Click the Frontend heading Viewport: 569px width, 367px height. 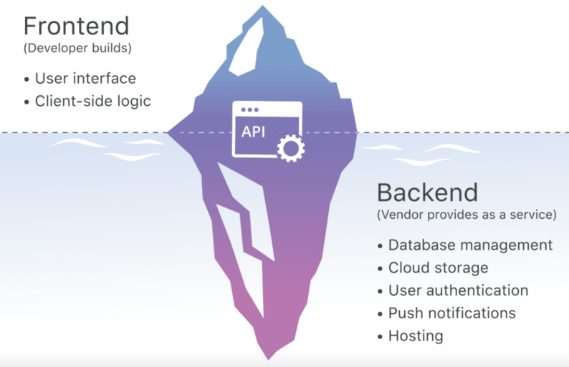click(76, 26)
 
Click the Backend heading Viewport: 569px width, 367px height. click(427, 193)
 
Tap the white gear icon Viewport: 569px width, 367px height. click(290, 148)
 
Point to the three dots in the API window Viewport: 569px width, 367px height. click(250, 109)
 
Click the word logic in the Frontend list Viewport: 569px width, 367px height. click(135, 101)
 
